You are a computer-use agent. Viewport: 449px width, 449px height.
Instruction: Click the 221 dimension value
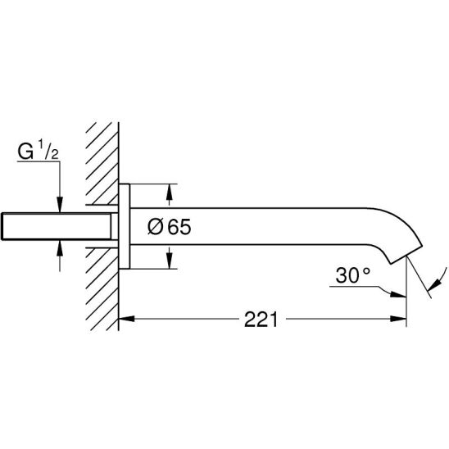[x=261, y=320]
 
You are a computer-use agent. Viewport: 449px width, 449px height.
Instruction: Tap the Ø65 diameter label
[x=170, y=227]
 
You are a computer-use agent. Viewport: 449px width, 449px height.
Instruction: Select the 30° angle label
[x=353, y=275]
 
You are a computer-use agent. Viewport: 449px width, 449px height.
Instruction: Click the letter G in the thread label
[x=25, y=152]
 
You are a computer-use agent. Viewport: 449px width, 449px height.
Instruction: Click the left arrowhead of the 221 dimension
[x=126, y=319]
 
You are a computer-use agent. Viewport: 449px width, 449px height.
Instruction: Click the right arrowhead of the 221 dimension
[x=398, y=319]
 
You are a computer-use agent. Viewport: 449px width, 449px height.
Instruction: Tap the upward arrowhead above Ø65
[x=170, y=192]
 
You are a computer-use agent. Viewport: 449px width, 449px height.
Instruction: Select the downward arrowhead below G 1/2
[x=60, y=205]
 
